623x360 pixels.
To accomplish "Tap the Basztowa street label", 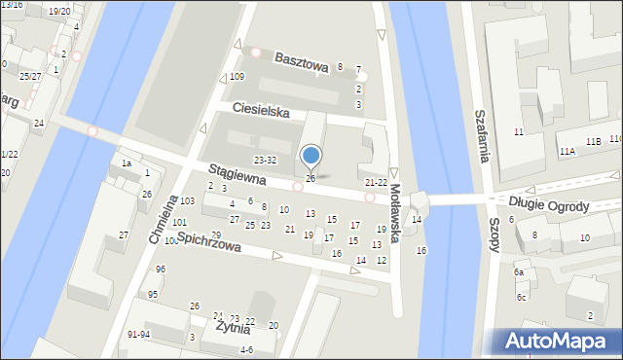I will (301, 58).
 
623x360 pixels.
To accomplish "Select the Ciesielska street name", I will (261, 112).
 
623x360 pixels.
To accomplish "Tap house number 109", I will (237, 76).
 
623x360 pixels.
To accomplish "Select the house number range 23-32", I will (265, 160).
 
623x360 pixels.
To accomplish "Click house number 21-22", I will (376, 182).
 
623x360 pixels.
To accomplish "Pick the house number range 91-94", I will (138, 334).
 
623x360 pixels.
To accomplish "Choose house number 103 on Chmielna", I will (187, 200).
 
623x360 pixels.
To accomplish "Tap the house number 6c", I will (522, 297).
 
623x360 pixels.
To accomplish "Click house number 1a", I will (126, 163).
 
